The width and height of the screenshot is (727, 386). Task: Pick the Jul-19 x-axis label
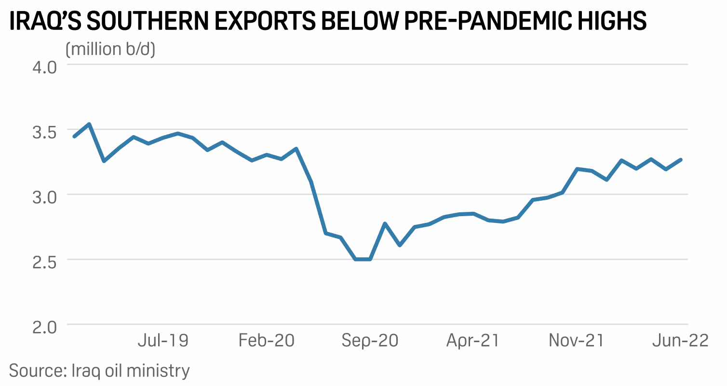coord(163,341)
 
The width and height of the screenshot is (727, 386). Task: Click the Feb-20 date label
coord(267,341)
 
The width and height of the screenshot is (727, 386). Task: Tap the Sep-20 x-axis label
coord(370,341)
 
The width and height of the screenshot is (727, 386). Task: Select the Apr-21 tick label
coord(473,341)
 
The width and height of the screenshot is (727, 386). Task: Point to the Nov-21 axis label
coord(577,341)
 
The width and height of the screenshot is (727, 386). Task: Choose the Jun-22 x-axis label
coord(680,341)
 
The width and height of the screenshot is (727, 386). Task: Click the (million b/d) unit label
coord(110,49)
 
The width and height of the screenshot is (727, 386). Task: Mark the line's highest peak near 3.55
coord(89,124)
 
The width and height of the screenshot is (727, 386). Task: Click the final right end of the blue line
coord(681,159)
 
